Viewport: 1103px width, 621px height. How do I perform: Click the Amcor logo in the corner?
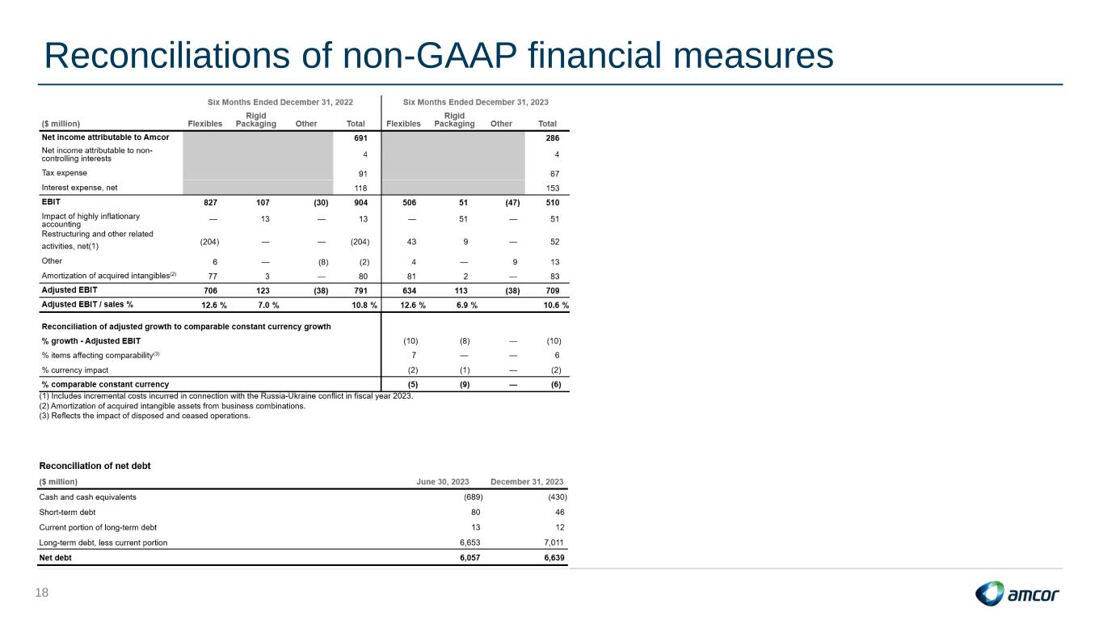(x=1017, y=594)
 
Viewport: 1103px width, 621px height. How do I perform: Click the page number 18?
(x=42, y=593)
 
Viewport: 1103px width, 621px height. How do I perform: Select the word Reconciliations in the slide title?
(x=167, y=55)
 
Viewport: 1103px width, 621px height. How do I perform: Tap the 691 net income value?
(x=360, y=138)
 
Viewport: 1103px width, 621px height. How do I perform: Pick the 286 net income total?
(x=553, y=138)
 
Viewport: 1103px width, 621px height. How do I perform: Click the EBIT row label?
(x=51, y=202)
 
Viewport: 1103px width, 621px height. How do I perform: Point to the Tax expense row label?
(x=64, y=173)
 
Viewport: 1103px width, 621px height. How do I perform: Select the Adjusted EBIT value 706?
(x=210, y=291)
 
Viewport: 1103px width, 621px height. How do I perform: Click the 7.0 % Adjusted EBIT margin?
(x=268, y=306)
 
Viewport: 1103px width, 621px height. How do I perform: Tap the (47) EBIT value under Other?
(x=512, y=203)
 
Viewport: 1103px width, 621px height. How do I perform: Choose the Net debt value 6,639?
(x=554, y=558)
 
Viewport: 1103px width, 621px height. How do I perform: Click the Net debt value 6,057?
(x=469, y=558)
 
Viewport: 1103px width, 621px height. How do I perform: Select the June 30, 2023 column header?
(x=443, y=482)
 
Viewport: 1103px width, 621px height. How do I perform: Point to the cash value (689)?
(x=474, y=497)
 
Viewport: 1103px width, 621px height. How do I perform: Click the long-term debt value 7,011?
(x=554, y=543)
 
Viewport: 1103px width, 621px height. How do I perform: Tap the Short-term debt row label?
(x=67, y=513)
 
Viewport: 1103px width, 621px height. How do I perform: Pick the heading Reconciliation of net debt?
(x=95, y=466)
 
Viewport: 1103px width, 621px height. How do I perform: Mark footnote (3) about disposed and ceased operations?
(x=145, y=416)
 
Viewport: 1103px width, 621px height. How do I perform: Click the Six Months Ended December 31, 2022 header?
(x=280, y=103)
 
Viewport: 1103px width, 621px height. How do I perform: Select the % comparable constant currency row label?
(x=105, y=384)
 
